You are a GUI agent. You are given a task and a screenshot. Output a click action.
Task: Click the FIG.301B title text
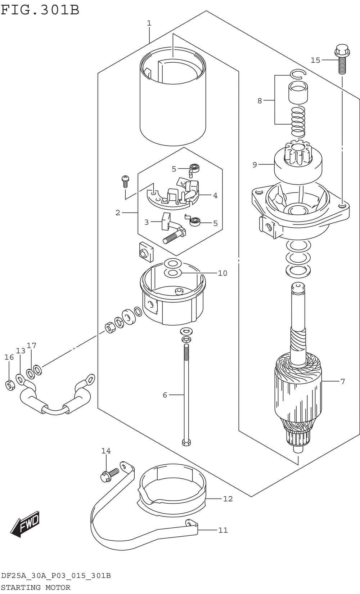(x=40, y=10)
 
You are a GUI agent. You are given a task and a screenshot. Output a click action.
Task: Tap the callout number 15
(x=315, y=61)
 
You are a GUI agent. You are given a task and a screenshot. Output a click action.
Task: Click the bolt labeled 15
(x=342, y=59)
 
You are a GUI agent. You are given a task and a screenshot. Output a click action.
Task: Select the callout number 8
(x=260, y=101)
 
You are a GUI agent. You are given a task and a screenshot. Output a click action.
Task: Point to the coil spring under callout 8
(x=298, y=122)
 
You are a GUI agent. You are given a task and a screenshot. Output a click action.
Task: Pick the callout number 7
(x=342, y=381)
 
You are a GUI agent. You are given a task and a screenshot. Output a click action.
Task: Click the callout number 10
(x=223, y=273)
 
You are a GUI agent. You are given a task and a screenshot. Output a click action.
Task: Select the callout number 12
(x=228, y=499)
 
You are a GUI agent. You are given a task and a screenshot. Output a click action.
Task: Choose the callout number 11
(x=223, y=530)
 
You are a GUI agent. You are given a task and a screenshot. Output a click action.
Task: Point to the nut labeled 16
(x=10, y=385)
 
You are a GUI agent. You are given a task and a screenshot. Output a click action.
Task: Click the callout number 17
(x=31, y=345)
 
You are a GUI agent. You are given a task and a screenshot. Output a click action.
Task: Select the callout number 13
(x=21, y=351)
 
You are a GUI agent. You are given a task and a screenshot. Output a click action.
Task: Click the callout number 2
(x=118, y=213)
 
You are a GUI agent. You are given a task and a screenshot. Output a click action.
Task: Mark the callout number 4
(x=215, y=196)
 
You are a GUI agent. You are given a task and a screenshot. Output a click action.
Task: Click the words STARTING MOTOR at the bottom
(x=36, y=588)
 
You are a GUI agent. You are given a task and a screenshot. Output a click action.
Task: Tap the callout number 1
(x=149, y=23)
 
